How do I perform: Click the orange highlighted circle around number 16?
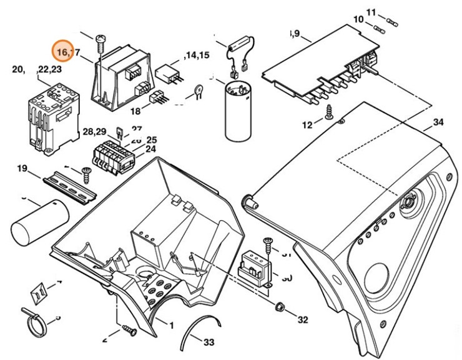tap(63, 51)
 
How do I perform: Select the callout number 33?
tap(209, 342)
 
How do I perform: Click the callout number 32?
tap(303, 320)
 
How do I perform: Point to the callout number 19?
tap(23, 168)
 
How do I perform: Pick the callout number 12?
tap(307, 125)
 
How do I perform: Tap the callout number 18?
tap(135, 111)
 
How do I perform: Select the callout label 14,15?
tap(196, 56)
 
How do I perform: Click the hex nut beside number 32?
tap(280, 307)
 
